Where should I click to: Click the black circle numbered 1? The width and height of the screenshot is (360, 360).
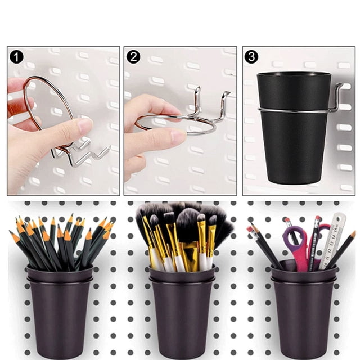(x=16, y=57)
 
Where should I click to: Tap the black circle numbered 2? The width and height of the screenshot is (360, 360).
(x=133, y=57)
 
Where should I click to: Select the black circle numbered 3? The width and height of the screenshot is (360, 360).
(x=251, y=56)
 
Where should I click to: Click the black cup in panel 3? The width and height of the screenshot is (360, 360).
(x=294, y=128)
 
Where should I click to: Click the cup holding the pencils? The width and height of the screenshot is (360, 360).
(x=60, y=310)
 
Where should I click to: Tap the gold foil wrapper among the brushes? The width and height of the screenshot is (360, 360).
(x=190, y=255)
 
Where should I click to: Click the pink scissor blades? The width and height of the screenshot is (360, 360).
(x=301, y=257)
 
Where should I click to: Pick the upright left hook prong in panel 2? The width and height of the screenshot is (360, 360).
(x=197, y=101)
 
